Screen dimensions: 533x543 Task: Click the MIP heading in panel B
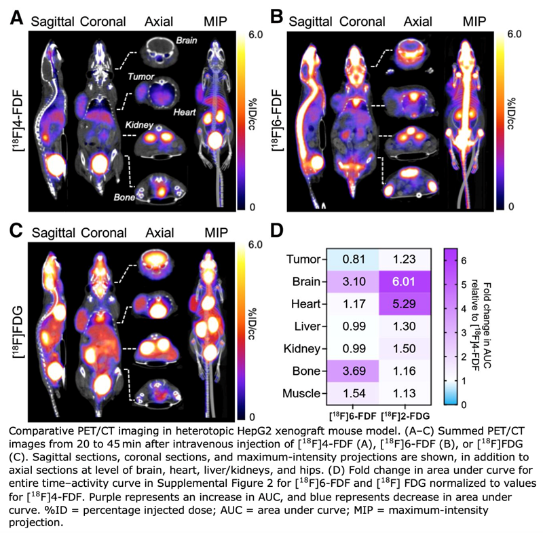pyautogui.click(x=474, y=19)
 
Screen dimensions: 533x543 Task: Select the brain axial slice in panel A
pyautogui.click(x=164, y=51)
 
